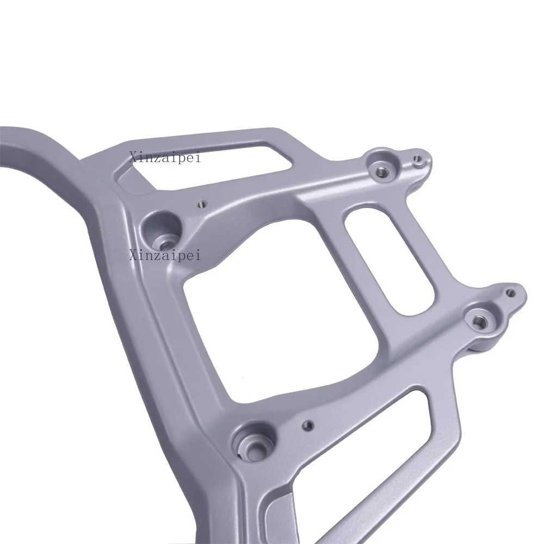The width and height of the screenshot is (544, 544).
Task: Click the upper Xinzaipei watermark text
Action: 165,158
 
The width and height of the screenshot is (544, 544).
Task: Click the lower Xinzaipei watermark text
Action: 165,255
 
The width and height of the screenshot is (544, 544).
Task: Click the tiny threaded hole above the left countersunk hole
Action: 201,203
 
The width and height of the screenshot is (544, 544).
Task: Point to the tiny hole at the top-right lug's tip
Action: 417,159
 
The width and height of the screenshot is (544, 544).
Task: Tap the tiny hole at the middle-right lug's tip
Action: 510,293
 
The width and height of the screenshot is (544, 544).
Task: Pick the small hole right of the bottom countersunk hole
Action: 308,424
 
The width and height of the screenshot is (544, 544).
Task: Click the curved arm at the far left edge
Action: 33,147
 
